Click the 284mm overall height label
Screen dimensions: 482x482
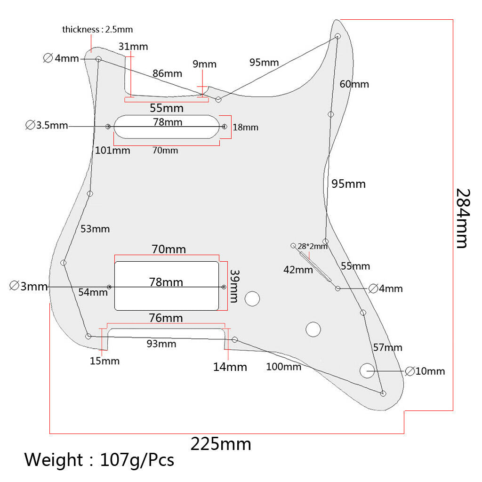point(463,218)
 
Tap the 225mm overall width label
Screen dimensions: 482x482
point(221,444)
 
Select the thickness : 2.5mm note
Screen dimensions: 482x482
point(97,30)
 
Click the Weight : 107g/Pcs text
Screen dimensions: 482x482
point(99,460)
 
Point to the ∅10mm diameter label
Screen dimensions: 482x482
point(425,371)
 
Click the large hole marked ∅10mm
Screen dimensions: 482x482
point(367,370)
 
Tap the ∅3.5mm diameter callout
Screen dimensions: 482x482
point(47,125)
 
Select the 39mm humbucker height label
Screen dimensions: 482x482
point(234,286)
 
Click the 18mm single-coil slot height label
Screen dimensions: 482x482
point(245,127)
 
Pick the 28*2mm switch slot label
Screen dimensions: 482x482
point(313,246)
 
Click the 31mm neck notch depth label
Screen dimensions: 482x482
point(133,47)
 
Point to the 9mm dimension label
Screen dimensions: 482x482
point(204,64)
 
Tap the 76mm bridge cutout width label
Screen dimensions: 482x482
point(166,318)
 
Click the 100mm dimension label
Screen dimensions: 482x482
point(283,366)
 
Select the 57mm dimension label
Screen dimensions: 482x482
point(388,347)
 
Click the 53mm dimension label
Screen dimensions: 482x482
point(95,229)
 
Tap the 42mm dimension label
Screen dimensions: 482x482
point(298,270)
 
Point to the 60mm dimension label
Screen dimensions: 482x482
point(354,84)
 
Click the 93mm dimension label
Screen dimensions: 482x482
point(161,343)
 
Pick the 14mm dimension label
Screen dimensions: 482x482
point(230,367)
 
